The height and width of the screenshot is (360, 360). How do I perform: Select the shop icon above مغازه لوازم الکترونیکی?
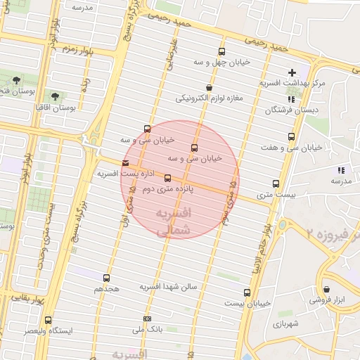(210, 87)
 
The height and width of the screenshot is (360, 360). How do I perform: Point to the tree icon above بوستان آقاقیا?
(56, 96)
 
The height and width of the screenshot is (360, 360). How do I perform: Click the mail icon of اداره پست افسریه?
(125, 163)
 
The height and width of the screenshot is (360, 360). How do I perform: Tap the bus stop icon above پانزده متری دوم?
(167, 179)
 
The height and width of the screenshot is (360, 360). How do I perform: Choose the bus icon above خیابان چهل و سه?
(222, 51)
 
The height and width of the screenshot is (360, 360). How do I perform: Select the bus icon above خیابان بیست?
(246, 292)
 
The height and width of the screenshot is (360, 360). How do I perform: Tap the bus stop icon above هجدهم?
(107, 278)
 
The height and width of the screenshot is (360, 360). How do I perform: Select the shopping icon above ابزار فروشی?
(326, 289)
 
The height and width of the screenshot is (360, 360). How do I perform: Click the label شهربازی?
(286, 324)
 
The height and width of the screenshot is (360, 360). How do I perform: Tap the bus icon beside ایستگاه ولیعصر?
(48, 320)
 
